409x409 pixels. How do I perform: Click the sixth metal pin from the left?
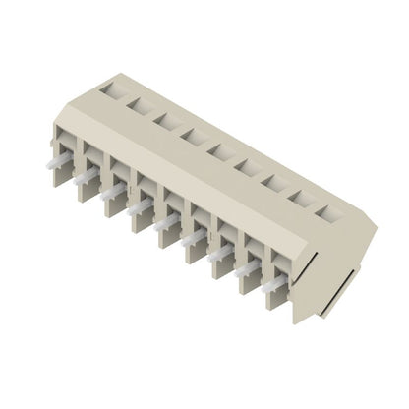click(x=192, y=238)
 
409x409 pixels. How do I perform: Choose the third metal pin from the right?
click(x=218, y=254)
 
